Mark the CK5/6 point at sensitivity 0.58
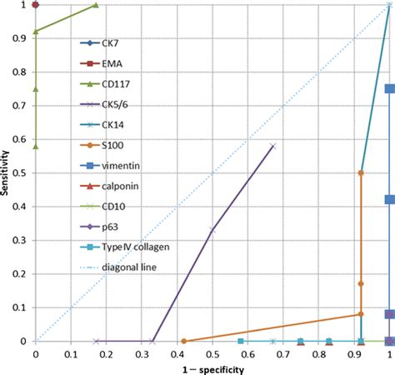click(x=272, y=146)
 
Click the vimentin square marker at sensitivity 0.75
click(x=389, y=88)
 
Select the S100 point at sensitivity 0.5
click(x=361, y=172)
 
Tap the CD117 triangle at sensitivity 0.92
click(x=35, y=32)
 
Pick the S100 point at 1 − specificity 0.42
click(x=183, y=341)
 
